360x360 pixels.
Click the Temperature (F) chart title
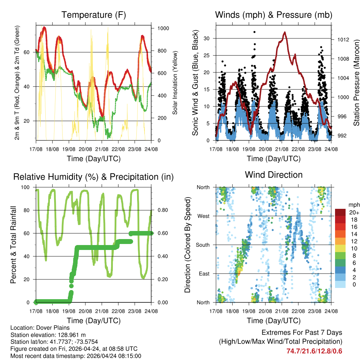(x=94, y=15)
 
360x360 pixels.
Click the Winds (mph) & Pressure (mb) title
(x=274, y=15)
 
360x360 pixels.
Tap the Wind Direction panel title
(x=274, y=175)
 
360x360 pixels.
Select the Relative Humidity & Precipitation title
(x=94, y=177)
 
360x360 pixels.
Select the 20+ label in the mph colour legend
(x=354, y=212)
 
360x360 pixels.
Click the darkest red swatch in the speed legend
(x=341, y=212)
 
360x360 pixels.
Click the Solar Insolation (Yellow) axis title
(x=175, y=83)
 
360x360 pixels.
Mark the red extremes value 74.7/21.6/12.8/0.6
(x=314, y=351)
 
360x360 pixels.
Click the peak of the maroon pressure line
(x=284, y=32)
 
